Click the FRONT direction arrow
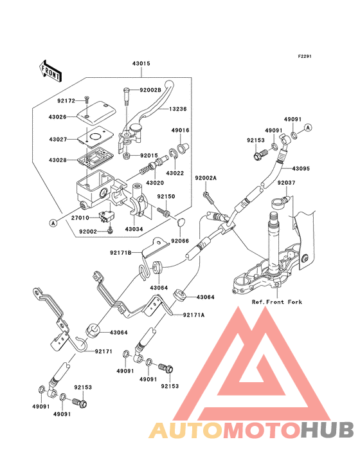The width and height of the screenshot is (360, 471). [50, 71]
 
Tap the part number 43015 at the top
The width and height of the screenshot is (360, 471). [141, 64]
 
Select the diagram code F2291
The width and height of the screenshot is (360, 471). [305, 56]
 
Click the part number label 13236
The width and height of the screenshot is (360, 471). [178, 109]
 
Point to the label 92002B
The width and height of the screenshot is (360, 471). [150, 90]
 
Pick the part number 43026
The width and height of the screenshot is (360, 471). [58, 117]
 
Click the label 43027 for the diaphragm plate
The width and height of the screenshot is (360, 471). [59, 140]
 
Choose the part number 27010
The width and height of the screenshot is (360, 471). [80, 217]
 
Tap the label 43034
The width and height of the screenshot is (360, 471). [134, 229]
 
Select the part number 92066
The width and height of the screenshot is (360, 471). [180, 241]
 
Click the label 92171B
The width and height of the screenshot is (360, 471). [121, 253]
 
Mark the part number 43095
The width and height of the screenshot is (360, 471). [301, 169]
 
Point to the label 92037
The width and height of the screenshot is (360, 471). [286, 183]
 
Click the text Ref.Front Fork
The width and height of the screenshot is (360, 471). [277, 302]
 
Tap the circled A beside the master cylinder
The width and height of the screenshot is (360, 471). [53, 223]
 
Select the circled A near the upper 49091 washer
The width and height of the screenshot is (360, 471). [308, 127]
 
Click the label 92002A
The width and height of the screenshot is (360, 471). [206, 178]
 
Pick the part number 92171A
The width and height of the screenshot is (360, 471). [194, 315]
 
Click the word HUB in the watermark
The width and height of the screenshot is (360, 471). [328, 430]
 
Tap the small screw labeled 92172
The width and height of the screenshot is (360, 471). [87, 99]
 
